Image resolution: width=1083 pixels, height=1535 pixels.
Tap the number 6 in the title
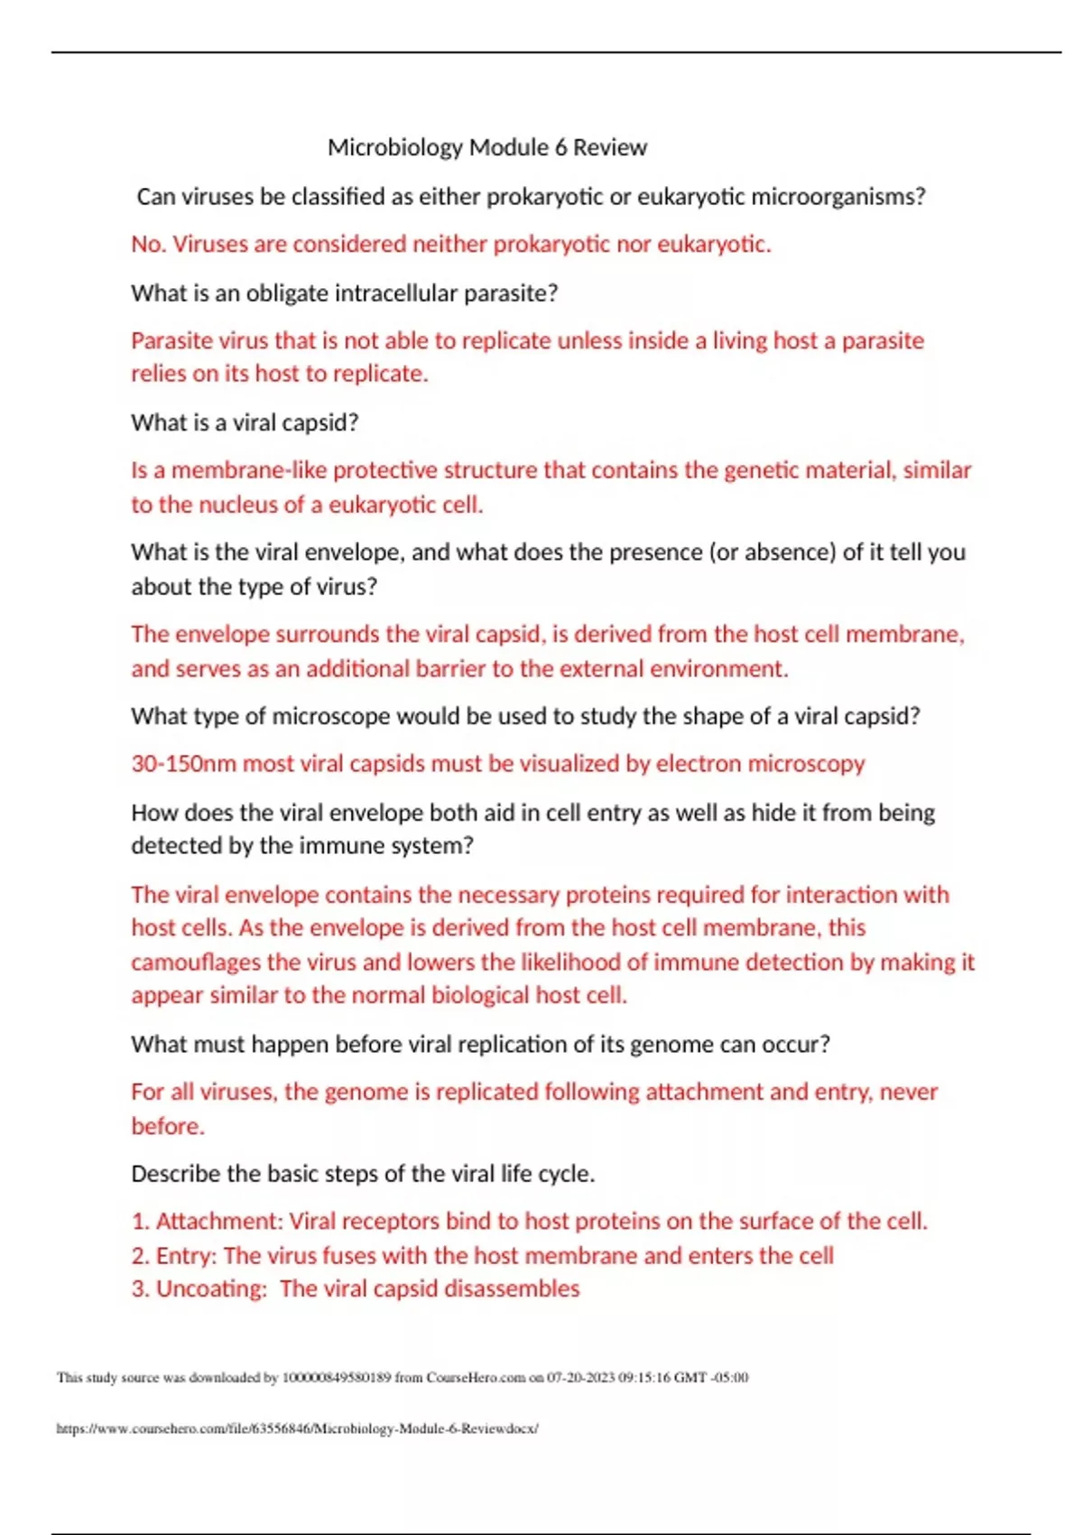click(560, 147)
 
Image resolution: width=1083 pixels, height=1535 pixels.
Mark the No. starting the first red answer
click(147, 245)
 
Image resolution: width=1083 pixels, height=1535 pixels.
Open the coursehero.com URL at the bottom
click(297, 1428)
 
